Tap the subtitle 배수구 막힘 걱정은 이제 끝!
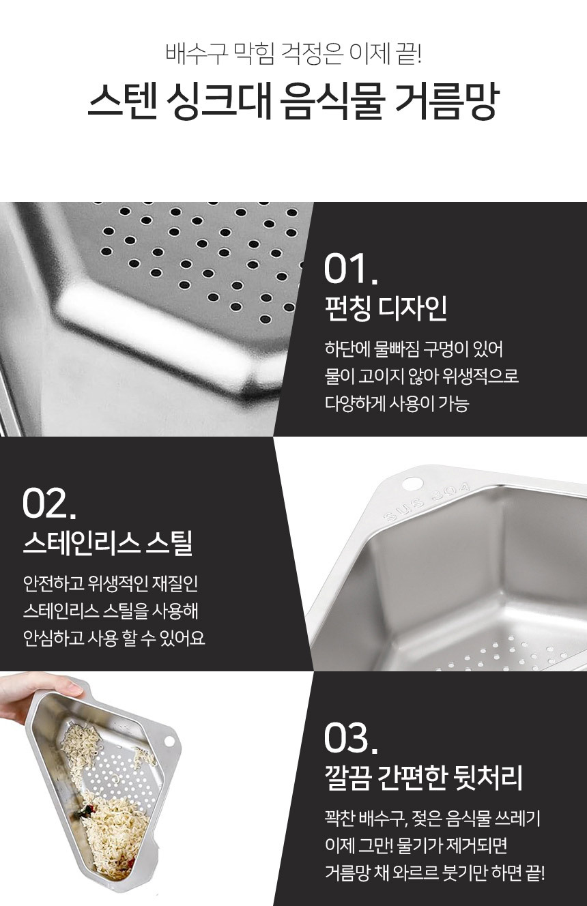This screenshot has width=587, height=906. point(293,53)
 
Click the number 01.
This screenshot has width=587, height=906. point(351,269)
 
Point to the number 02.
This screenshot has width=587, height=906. point(49,503)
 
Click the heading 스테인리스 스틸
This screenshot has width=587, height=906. point(108,543)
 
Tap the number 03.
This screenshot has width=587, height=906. point(351,738)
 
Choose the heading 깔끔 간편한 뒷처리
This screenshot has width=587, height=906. point(424,778)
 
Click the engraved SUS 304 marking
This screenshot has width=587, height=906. point(426,502)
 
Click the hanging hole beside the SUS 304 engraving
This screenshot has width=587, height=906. point(412,483)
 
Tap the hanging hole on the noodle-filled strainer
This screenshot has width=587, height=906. point(169,742)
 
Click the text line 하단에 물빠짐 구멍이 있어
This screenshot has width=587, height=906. point(414,349)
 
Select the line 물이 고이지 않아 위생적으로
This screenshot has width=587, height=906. point(422,377)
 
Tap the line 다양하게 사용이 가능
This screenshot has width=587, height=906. point(397,404)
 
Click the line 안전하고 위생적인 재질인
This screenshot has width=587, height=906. point(111,583)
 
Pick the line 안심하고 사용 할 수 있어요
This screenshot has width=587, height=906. point(114,639)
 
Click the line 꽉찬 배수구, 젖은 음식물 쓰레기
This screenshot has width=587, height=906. point(433,818)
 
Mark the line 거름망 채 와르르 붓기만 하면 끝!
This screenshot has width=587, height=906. point(435,873)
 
